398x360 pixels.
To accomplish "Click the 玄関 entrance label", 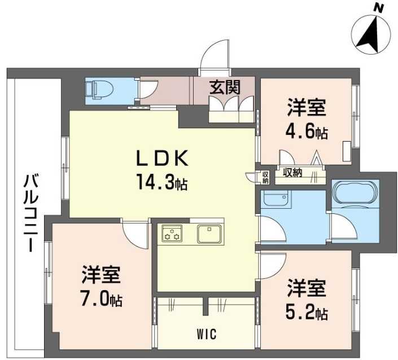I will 225,87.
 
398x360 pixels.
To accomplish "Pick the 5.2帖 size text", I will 307,311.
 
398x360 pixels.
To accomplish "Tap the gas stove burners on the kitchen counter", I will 172,233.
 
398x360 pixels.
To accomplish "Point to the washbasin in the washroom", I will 275,199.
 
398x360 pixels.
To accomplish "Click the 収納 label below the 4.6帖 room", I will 292,173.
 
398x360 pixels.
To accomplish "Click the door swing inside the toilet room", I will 147,90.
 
